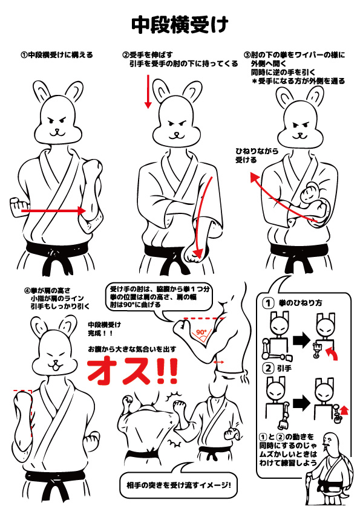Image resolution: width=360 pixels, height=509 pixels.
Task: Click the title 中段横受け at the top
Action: [180, 25]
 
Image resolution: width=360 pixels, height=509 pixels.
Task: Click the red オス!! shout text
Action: [133, 371]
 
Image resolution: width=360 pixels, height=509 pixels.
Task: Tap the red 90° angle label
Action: [201, 332]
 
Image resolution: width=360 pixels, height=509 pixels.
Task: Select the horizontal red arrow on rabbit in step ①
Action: [53, 211]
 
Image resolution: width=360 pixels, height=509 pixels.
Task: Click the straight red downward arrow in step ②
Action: [148, 91]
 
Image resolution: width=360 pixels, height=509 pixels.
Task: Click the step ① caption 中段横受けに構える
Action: [57, 54]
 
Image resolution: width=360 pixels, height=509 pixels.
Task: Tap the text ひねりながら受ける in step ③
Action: [257, 155]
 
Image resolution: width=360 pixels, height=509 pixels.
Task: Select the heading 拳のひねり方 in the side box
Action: [301, 303]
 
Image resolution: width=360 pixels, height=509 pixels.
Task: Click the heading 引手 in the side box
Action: [284, 368]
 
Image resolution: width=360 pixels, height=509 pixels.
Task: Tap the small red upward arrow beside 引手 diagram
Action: [345, 410]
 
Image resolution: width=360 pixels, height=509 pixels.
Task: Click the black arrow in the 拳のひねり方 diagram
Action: [301, 340]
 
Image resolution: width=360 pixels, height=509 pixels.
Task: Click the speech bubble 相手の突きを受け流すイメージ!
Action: [178, 485]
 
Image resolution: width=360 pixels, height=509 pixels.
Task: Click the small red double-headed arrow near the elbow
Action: [218, 361]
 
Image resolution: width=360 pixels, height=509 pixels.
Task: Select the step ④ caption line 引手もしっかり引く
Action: [60, 306]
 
